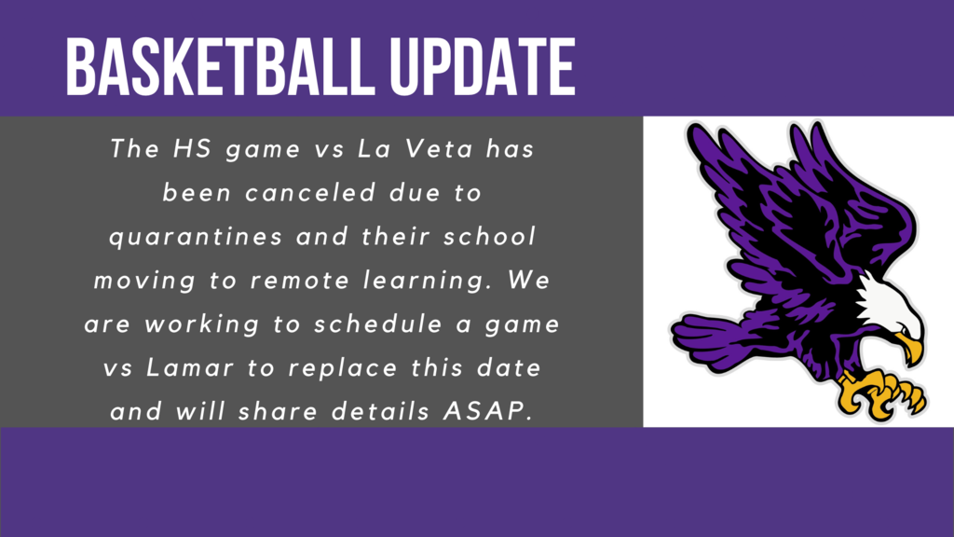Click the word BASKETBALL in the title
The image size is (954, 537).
(x=220, y=66)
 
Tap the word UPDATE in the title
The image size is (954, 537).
(x=483, y=66)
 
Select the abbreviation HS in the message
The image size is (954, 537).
(x=192, y=149)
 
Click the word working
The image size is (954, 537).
(x=201, y=324)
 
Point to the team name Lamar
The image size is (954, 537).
(x=190, y=368)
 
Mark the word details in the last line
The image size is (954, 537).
(x=381, y=412)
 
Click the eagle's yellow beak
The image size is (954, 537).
(x=910, y=347)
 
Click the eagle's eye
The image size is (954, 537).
(x=906, y=329)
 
